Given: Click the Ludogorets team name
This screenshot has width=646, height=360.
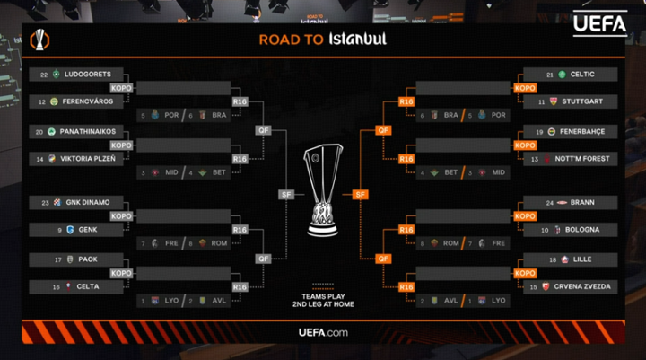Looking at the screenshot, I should pyautogui.click(x=87, y=75).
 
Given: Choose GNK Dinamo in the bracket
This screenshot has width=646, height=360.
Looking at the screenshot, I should pyautogui.click(x=87, y=202).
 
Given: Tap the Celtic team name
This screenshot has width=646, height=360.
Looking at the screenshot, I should pyautogui.click(x=582, y=75).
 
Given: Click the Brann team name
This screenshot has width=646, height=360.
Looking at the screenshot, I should pyautogui.click(x=581, y=202).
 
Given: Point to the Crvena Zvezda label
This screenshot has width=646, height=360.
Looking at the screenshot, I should pyautogui.click(x=591, y=287).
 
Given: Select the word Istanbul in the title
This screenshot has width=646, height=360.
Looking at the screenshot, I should pyautogui.click(x=357, y=40).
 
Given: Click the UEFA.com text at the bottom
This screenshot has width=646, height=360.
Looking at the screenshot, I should pyautogui.click(x=323, y=333).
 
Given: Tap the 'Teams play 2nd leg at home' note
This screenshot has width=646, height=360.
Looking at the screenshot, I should pyautogui.click(x=323, y=301).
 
